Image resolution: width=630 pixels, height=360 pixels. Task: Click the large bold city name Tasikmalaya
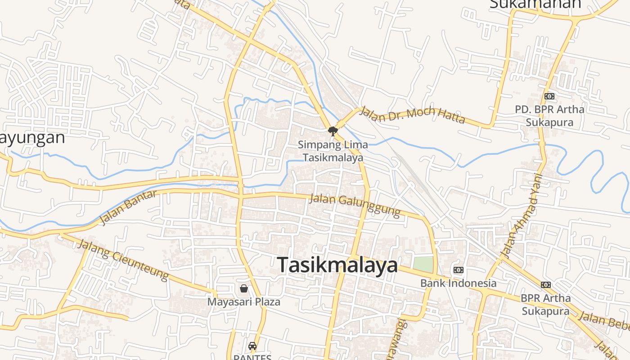[x=337, y=265]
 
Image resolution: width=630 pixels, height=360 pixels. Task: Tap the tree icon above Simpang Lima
[x=333, y=131]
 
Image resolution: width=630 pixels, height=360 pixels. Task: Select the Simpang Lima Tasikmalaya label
[x=333, y=151]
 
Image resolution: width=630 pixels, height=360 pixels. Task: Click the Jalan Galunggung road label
[x=355, y=205]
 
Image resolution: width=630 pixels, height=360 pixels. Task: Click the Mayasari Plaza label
[x=243, y=301]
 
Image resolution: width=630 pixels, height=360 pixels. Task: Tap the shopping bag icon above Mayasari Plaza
[x=243, y=288]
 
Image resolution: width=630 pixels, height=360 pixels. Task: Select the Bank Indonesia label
[x=458, y=283]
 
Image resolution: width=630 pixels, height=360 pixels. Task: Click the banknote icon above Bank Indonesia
[x=458, y=270]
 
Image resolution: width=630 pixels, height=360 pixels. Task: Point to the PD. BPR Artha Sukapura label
[x=549, y=116]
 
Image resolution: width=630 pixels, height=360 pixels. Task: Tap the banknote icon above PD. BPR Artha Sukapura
[x=549, y=96]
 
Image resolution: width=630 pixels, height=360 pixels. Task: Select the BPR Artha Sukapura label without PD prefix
[x=545, y=304]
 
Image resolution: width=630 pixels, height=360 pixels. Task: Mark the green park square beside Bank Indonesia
[x=423, y=265]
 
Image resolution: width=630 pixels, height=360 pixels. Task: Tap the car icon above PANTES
[x=252, y=346]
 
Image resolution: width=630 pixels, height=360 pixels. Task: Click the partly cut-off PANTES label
[x=252, y=357]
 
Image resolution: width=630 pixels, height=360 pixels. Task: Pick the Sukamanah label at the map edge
[x=535, y=4]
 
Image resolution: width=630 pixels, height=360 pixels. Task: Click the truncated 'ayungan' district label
[x=32, y=138]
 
